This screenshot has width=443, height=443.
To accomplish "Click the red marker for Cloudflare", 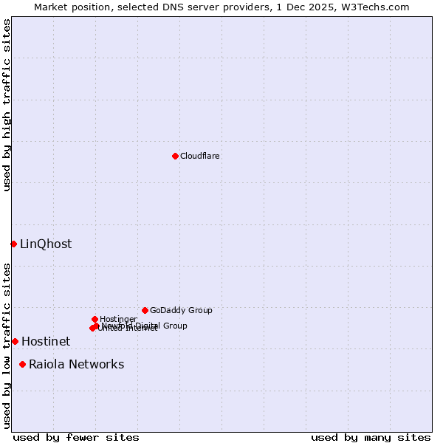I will point(175,156).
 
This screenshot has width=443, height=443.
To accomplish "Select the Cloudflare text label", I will point(199,156).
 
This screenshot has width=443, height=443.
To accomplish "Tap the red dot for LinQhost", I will point(13,244).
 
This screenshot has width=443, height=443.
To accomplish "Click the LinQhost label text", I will point(46,244).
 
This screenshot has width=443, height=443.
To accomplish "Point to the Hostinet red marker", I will point(15,341).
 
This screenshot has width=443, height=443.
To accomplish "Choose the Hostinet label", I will point(46,341).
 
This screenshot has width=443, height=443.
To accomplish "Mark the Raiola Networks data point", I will point(22,364).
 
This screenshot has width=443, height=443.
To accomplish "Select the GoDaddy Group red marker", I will point(145,310).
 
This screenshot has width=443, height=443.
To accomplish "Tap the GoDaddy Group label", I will point(181,310).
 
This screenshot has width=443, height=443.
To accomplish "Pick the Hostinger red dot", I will point(95,319).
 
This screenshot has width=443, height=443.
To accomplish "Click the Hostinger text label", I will point(118,319).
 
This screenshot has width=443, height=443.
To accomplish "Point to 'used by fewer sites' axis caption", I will point(76,437).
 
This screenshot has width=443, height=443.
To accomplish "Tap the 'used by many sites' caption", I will point(371,437).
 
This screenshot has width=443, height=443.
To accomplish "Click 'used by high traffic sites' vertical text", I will point(7,105).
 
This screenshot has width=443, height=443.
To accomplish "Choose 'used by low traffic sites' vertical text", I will point(7,345).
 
